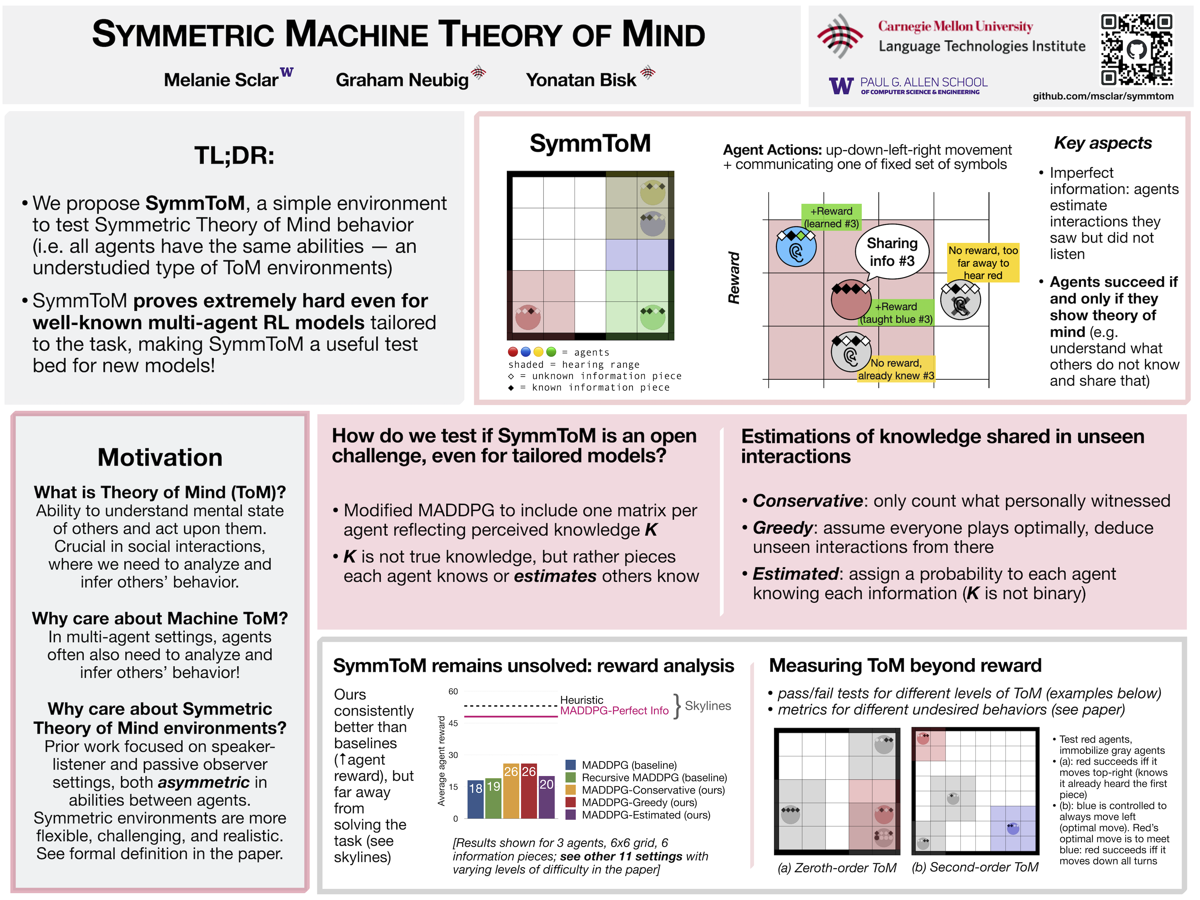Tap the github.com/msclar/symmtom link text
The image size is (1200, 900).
(1102, 96)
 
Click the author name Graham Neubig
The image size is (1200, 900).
(402, 80)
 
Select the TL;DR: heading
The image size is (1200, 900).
(234, 156)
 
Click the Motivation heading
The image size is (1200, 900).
(160, 457)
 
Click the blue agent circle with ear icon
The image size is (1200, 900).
(796, 248)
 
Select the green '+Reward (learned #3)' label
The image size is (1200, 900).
(831, 217)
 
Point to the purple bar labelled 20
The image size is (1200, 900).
(546, 796)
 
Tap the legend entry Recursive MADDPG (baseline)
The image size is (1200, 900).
(654, 777)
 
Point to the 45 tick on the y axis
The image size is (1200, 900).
(453, 723)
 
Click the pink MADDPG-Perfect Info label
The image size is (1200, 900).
(614, 711)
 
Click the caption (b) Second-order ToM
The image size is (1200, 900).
(975, 867)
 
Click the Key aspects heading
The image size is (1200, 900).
(1102, 143)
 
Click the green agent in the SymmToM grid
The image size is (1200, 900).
(652, 317)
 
